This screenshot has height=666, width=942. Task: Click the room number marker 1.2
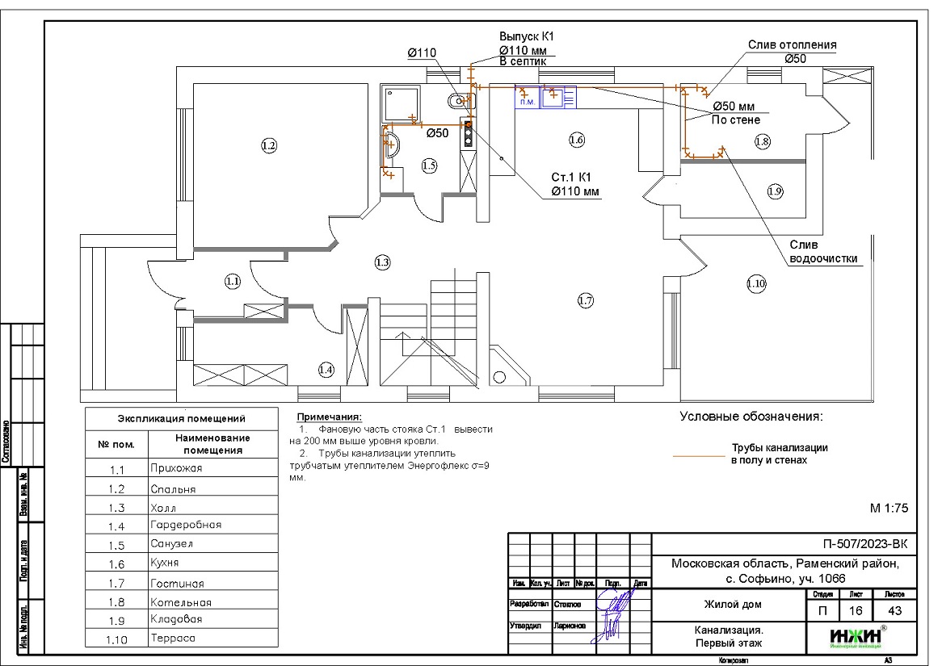point(269,146)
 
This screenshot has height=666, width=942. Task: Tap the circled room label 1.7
point(586,301)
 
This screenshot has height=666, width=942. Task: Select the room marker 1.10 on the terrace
point(755,283)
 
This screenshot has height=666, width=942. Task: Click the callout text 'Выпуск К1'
point(525,37)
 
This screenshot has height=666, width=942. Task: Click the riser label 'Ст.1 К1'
point(572,178)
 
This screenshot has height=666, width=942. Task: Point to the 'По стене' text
point(735,119)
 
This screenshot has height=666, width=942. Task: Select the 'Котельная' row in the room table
point(180,602)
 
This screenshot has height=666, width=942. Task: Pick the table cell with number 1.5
point(116,544)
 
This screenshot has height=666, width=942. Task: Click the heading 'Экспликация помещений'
point(182,419)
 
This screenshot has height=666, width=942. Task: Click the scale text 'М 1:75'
point(889,509)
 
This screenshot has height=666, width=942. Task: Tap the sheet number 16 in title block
point(857,611)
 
